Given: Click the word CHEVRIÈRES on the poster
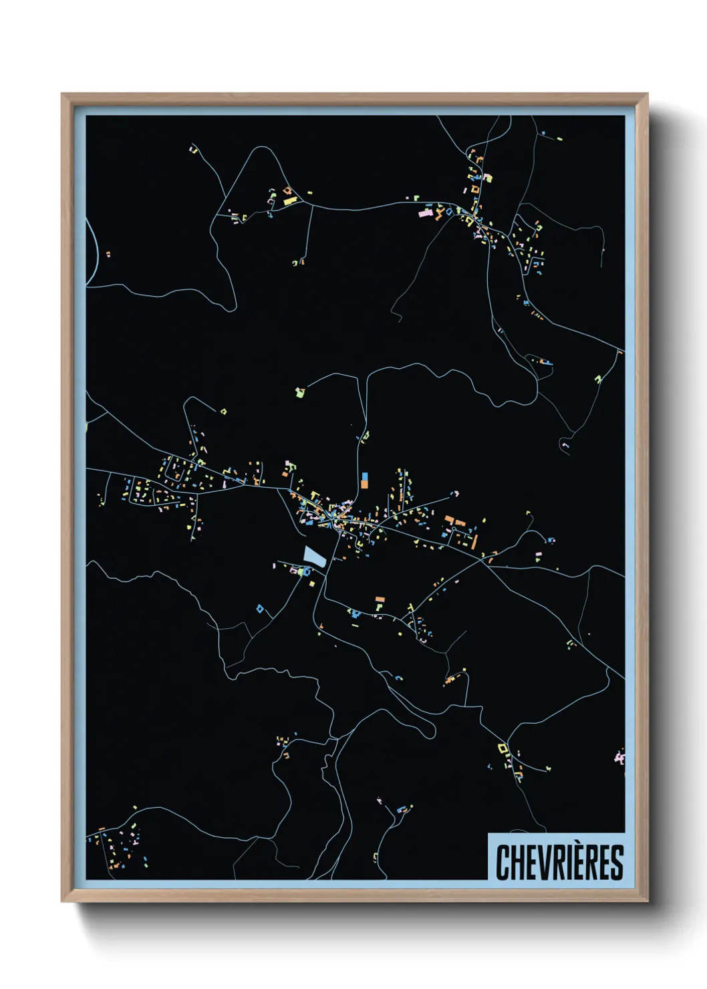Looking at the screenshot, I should click(x=559, y=862).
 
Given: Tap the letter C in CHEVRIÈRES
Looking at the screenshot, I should click(x=502, y=863).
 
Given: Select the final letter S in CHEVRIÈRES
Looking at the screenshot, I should click(x=617, y=863).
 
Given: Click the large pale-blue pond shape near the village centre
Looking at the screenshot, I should click(x=313, y=557).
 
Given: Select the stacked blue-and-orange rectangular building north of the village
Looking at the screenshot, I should click(x=364, y=480).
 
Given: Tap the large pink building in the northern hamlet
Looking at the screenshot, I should click(x=425, y=213).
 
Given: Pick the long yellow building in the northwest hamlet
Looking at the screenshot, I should click(x=289, y=200).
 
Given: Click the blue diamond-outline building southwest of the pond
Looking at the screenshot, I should click(x=260, y=608).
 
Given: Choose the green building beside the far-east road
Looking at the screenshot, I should click(x=598, y=380).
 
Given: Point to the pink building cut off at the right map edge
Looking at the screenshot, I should click(x=619, y=758).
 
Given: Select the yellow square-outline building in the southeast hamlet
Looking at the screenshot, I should click(x=503, y=748).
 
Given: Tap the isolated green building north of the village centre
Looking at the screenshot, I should click(x=300, y=392).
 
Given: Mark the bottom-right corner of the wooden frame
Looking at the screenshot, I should click(x=647, y=901).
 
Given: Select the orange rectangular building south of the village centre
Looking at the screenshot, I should click(x=380, y=599).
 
